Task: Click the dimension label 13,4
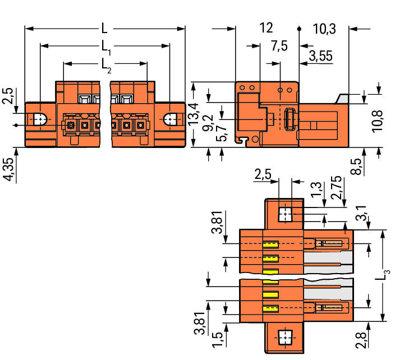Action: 194,114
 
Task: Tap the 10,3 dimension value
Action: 324,29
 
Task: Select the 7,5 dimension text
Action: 279,46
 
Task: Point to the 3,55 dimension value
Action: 321,56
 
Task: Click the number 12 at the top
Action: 266,27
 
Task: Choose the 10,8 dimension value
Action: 378,121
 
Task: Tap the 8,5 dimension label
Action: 356,167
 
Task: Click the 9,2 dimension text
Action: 208,123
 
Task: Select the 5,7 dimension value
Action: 222,133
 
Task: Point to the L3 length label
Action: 383,275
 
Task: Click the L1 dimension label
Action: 106,48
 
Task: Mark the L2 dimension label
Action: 106,66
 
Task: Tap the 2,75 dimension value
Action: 337,188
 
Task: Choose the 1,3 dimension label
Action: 316,190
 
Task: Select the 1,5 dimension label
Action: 218,340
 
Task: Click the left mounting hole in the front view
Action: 40,119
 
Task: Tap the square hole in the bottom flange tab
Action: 284,337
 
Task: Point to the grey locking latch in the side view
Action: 342,99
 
